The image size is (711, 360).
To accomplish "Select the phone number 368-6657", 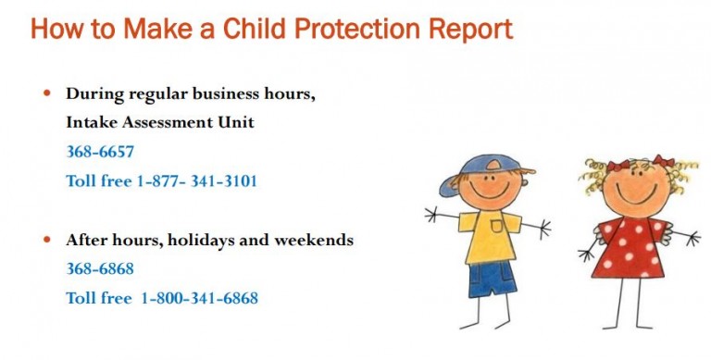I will click(100, 151).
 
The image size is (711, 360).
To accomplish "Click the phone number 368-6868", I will click(100, 268).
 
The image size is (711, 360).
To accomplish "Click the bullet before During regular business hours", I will click(48, 93).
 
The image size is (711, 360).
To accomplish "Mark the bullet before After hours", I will click(48, 240).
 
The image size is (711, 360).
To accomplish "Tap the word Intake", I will click(92, 121).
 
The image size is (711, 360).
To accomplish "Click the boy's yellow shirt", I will click(488, 235).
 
